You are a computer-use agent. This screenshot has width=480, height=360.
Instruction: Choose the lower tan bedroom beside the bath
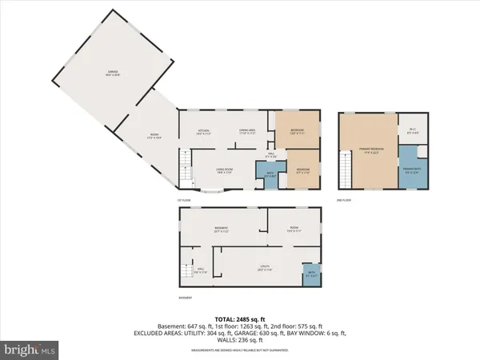point(303,170)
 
